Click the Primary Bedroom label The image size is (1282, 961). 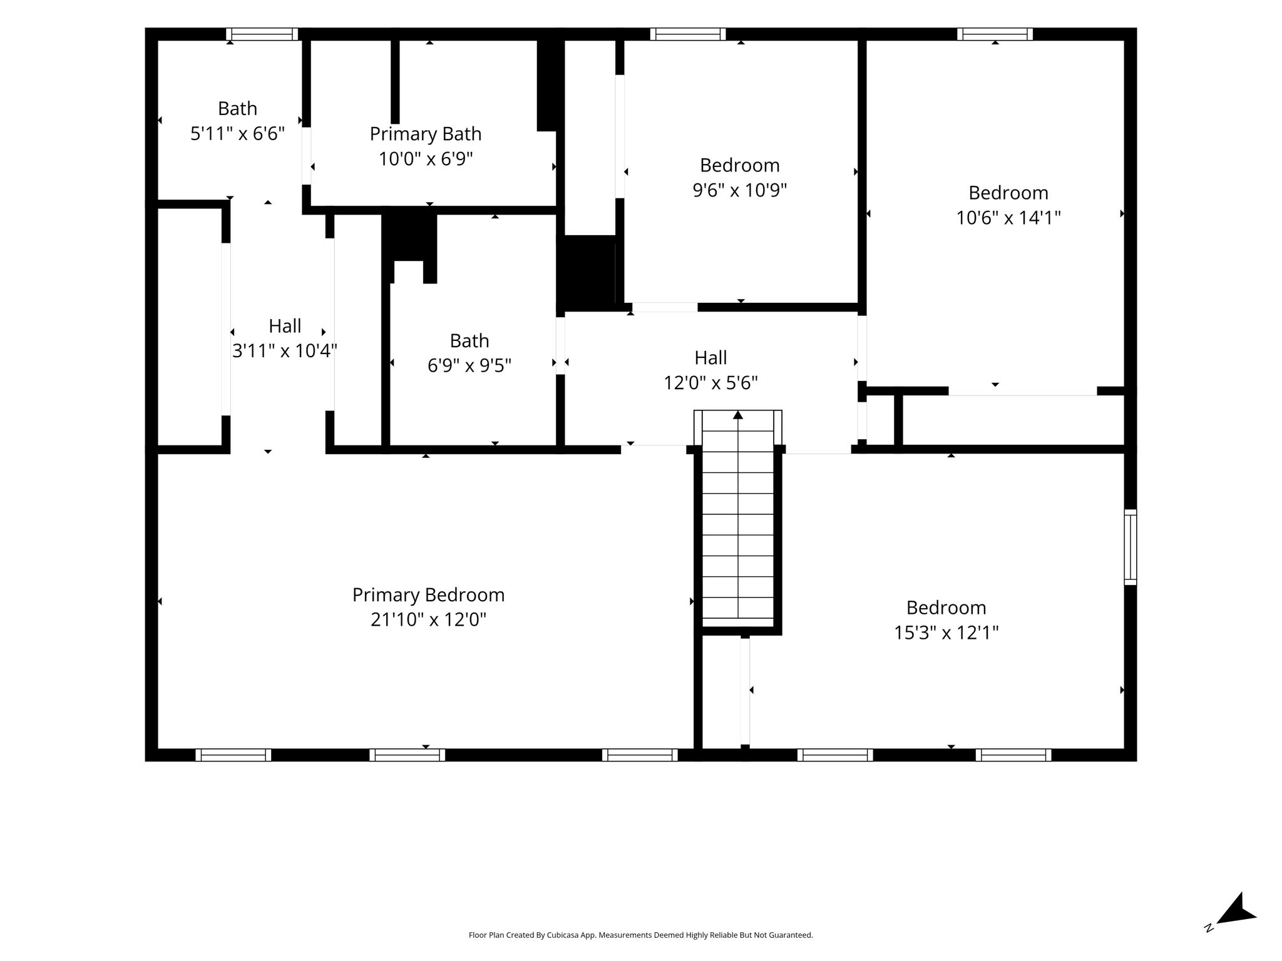[x=428, y=595]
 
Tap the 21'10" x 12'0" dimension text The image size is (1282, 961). [x=428, y=619]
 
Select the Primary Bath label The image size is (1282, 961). [x=426, y=134]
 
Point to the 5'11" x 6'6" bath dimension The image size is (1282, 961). [x=237, y=133]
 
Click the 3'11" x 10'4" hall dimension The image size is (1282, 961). [x=285, y=351]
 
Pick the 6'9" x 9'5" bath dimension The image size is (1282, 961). [x=469, y=365]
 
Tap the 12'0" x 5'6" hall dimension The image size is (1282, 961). [x=710, y=382]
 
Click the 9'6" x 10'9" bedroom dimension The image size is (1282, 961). [x=739, y=190]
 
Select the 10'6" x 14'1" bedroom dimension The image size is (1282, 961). [x=1008, y=218]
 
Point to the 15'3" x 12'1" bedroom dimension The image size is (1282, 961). [x=946, y=633]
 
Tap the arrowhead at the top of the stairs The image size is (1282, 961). [x=738, y=415]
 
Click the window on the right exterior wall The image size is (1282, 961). [x=1130, y=547]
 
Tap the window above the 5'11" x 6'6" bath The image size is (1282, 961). [x=262, y=34]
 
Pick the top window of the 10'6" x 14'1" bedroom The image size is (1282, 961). [x=995, y=34]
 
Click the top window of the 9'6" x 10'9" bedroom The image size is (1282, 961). [x=687, y=34]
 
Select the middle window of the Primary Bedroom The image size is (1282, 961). [x=407, y=755]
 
